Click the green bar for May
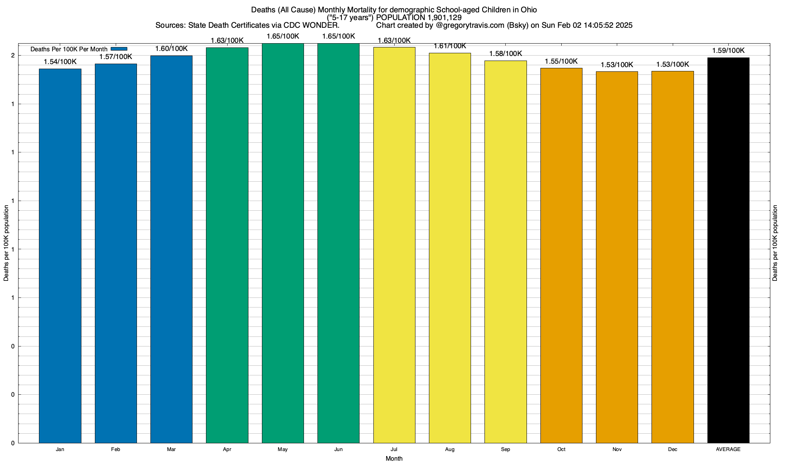(283, 243)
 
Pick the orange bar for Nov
(617, 257)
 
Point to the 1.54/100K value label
(60, 62)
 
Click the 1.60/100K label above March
(171, 49)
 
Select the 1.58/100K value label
(505, 54)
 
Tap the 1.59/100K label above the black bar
(728, 51)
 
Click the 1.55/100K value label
(561, 61)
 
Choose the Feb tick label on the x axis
(115, 449)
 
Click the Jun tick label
(338, 449)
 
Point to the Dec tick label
(672, 449)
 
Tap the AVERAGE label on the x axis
(728, 449)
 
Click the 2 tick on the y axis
(13, 56)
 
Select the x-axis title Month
(394, 459)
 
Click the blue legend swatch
(119, 49)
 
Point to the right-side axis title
(775, 243)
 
